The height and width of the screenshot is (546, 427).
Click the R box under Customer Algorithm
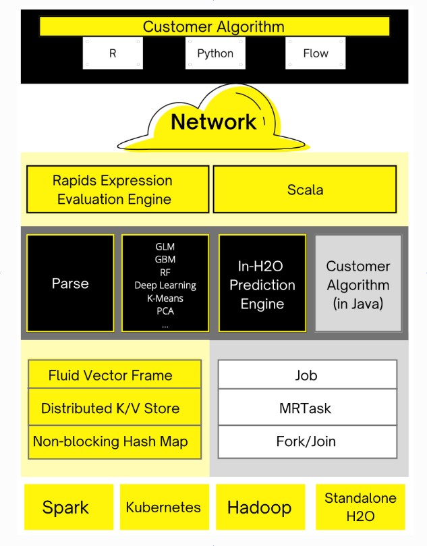tap(113, 53)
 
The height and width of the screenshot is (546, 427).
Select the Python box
tap(215, 53)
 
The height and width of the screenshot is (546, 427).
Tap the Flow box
tap(316, 53)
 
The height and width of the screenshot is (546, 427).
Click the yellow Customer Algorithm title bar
tap(214, 27)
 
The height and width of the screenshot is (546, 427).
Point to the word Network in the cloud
tap(213, 122)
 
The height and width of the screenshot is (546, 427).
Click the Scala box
tap(305, 190)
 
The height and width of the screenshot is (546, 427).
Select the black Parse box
tap(70, 283)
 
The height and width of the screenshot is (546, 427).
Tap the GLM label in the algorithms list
tap(165, 247)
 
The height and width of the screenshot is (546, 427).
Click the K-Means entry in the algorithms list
tap(165, 298)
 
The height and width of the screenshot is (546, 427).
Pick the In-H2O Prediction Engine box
tap(262, 284)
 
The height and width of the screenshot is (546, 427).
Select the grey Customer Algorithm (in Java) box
tap(358, 284)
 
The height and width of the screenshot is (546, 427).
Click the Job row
tap(307, 375)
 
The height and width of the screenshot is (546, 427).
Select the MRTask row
tap(307, 408)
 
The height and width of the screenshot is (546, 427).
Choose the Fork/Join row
tap(307, 441)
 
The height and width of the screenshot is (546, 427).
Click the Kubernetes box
tap(163, 507)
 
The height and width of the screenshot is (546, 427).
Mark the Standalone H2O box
tap(360, 507)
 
